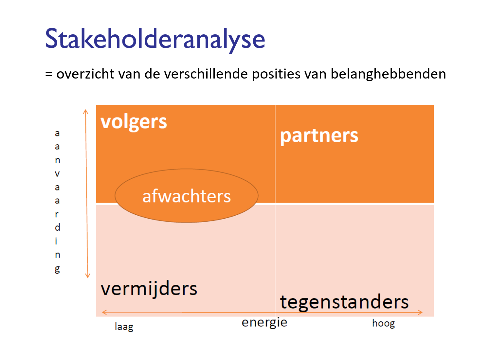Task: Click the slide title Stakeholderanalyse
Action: [x=155, y=40]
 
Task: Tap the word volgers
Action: [x=134, y=123]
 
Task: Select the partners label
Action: [x=319, y=136]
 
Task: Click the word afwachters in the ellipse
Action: [x=187, y=196]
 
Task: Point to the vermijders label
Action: [x=149, y=289]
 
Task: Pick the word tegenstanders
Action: [x=344, y=303]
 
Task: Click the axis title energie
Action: [x=264, y=323]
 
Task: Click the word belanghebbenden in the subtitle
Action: [x=388, y=74]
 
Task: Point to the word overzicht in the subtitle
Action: [x=85, y=74]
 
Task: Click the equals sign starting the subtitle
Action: [x=49, y=74]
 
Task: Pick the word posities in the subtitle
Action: [x=276, y=74]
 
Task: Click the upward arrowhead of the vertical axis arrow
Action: [x=85, y=112]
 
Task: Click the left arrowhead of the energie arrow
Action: [x=104, y=313]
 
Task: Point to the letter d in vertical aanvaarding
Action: [x=57, y=227]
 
